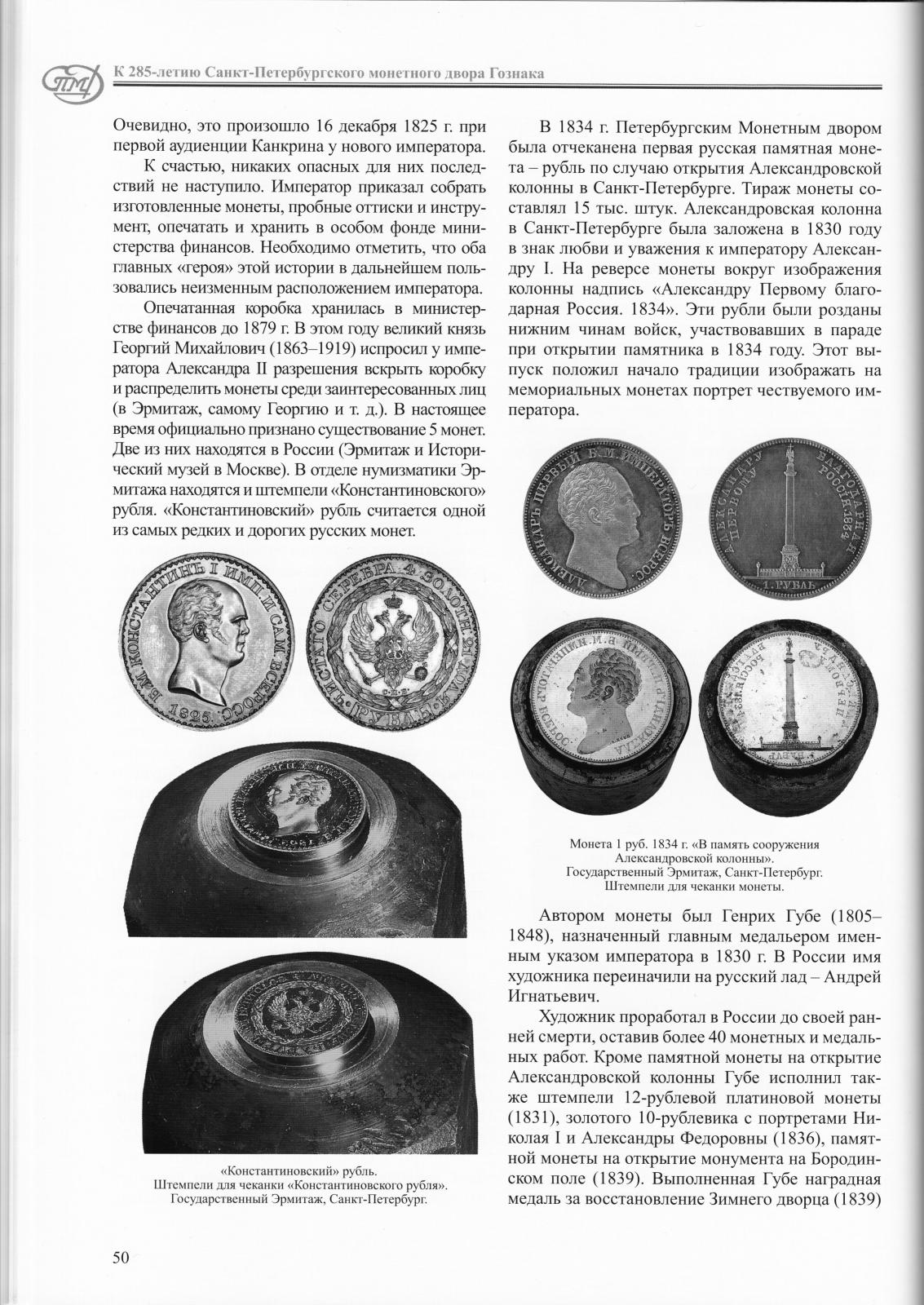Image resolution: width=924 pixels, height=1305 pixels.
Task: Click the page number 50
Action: pos(121,1257)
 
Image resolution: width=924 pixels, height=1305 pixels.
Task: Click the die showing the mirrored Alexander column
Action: pos(783,701)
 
